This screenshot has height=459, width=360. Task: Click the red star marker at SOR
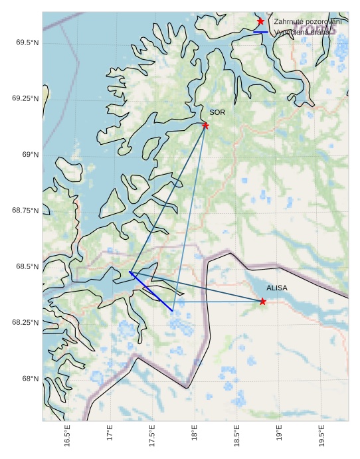[205, 126]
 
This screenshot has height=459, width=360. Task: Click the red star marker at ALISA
[263, 302]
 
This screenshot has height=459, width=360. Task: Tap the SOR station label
[217, 113]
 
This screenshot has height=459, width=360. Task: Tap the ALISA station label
[277, 288]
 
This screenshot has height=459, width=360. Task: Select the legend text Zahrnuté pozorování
[308, 22]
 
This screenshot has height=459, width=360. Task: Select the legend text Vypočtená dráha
[302, 32]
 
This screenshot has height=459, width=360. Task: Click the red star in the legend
[260, 22]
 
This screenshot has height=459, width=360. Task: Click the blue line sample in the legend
[260, 32]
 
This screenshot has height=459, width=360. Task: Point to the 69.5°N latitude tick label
[26, 43]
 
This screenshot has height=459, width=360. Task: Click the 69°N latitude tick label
[30, 155]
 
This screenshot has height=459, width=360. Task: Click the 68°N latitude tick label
[30, 379]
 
